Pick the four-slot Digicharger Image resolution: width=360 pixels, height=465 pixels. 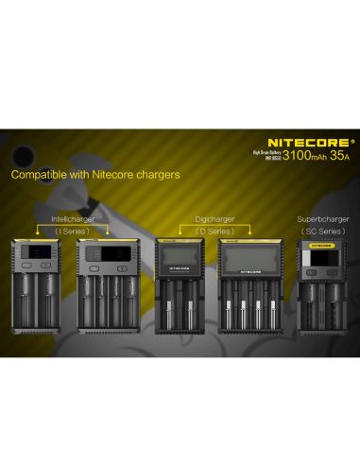[249, 288]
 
